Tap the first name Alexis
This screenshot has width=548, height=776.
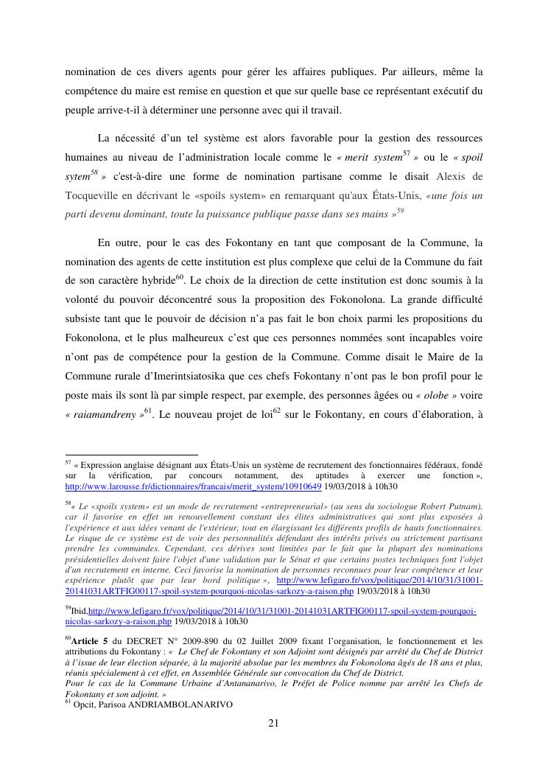point(452,176)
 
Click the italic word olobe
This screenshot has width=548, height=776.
point(437,395)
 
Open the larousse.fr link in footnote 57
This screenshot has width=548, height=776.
point(194,486)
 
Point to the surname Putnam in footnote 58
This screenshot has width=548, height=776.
point(463,506)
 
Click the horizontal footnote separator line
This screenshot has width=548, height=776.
point(132,455)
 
